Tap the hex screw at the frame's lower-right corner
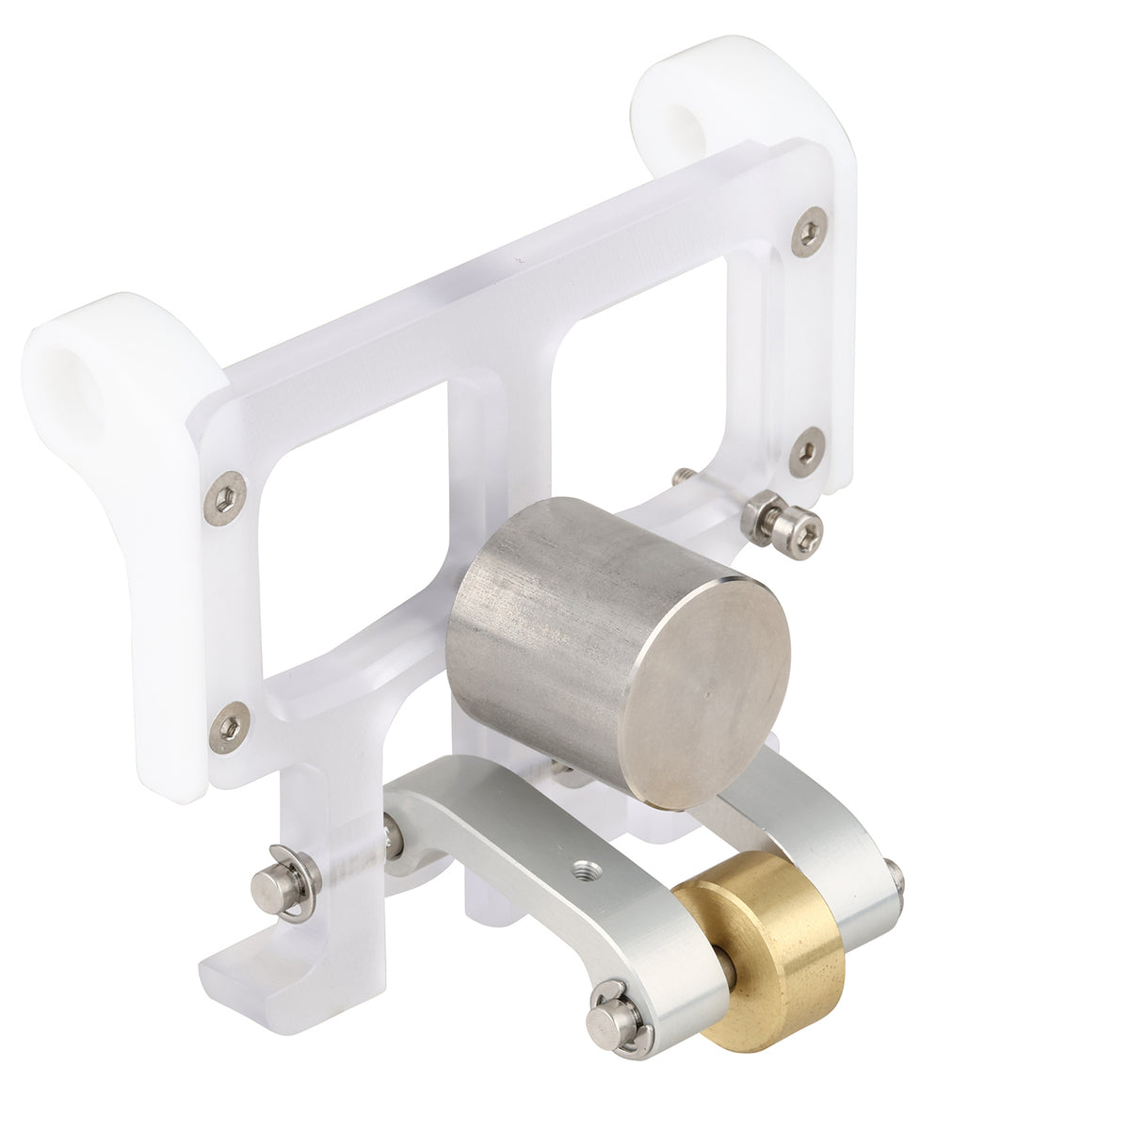coord(807,451)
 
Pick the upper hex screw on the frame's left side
coord(224,496)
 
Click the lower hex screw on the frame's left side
coord(229,727)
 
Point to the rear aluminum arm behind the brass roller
coord(829,829)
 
